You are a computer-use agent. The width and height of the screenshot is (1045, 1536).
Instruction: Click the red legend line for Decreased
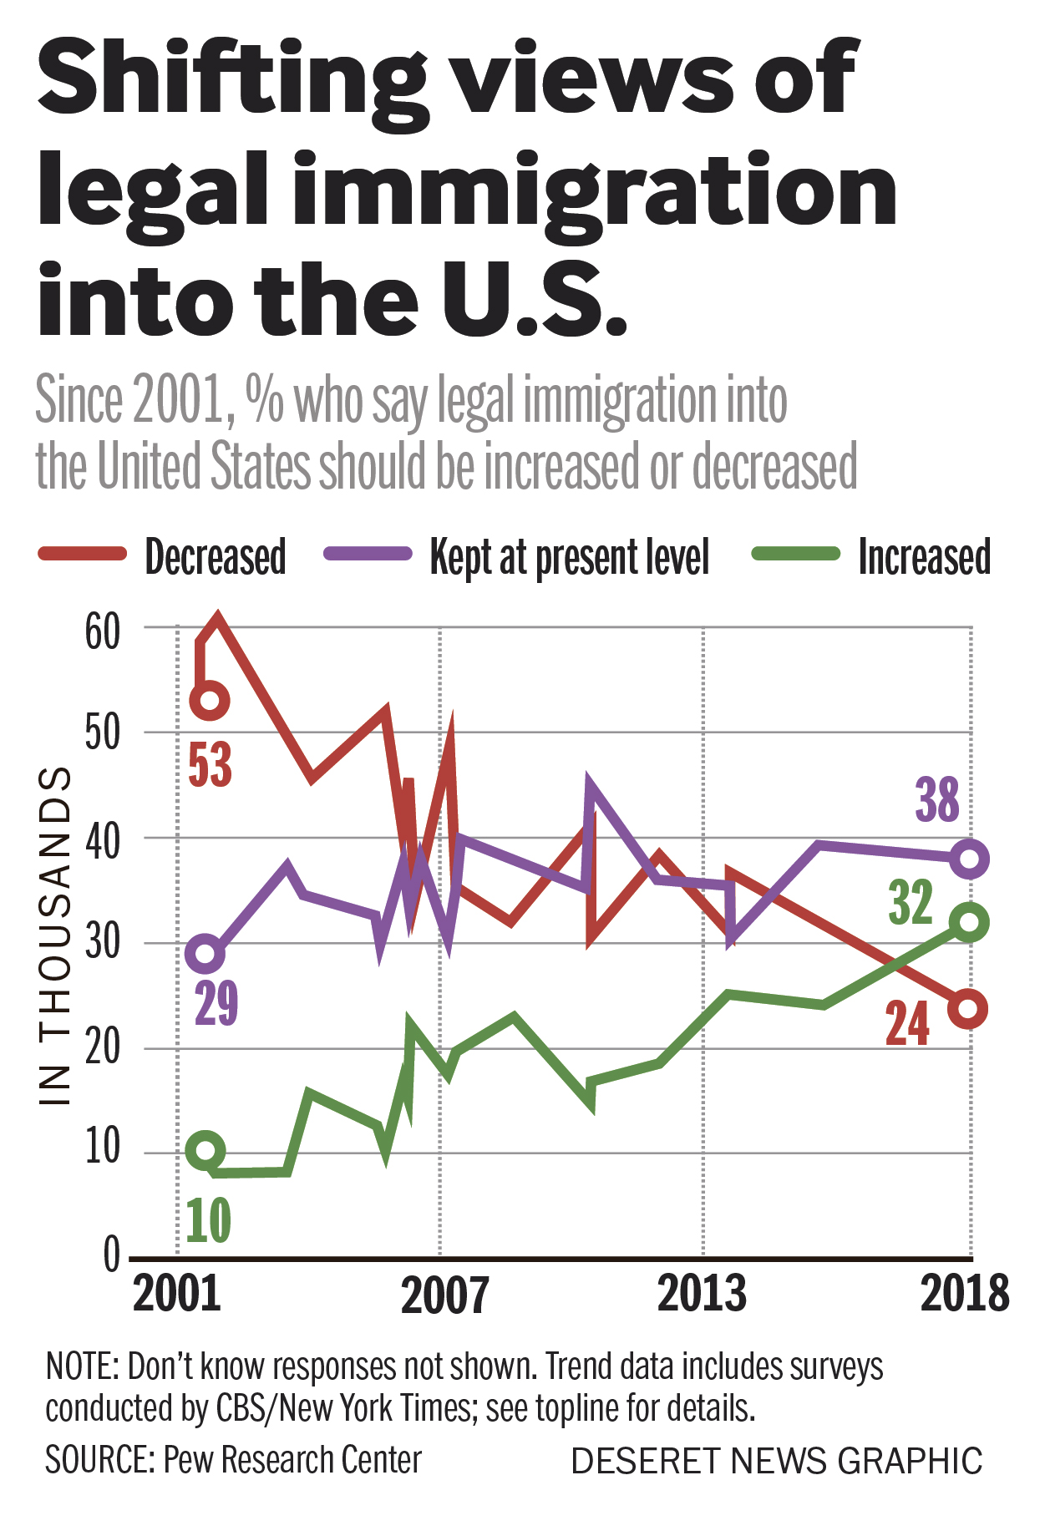coord(82,555)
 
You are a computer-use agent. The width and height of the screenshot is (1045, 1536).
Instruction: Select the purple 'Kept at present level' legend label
coord(569,557)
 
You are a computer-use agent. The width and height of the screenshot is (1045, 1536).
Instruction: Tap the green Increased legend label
coord(924,557)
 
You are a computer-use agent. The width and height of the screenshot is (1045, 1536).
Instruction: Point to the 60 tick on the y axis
coord(103,632)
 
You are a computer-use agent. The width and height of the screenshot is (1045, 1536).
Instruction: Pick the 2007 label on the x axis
coord(444,1295)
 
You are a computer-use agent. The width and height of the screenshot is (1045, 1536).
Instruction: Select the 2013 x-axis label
coord(702,1294)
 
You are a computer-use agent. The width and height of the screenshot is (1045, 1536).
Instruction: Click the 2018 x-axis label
coord(965,1294)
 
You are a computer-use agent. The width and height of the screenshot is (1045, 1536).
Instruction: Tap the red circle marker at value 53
coord(210,700)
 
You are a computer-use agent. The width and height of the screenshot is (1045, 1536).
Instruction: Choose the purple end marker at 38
coord(969,859)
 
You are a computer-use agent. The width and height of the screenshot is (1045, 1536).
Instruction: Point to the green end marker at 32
coord(969,922)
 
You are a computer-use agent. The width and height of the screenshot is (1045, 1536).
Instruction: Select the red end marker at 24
coord(969,1008)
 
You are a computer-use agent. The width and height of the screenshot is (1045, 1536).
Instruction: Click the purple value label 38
coord(937,800)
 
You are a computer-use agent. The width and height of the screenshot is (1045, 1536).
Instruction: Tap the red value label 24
coord(907,1024)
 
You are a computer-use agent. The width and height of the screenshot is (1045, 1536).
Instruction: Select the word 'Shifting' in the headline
coord(233,79)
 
